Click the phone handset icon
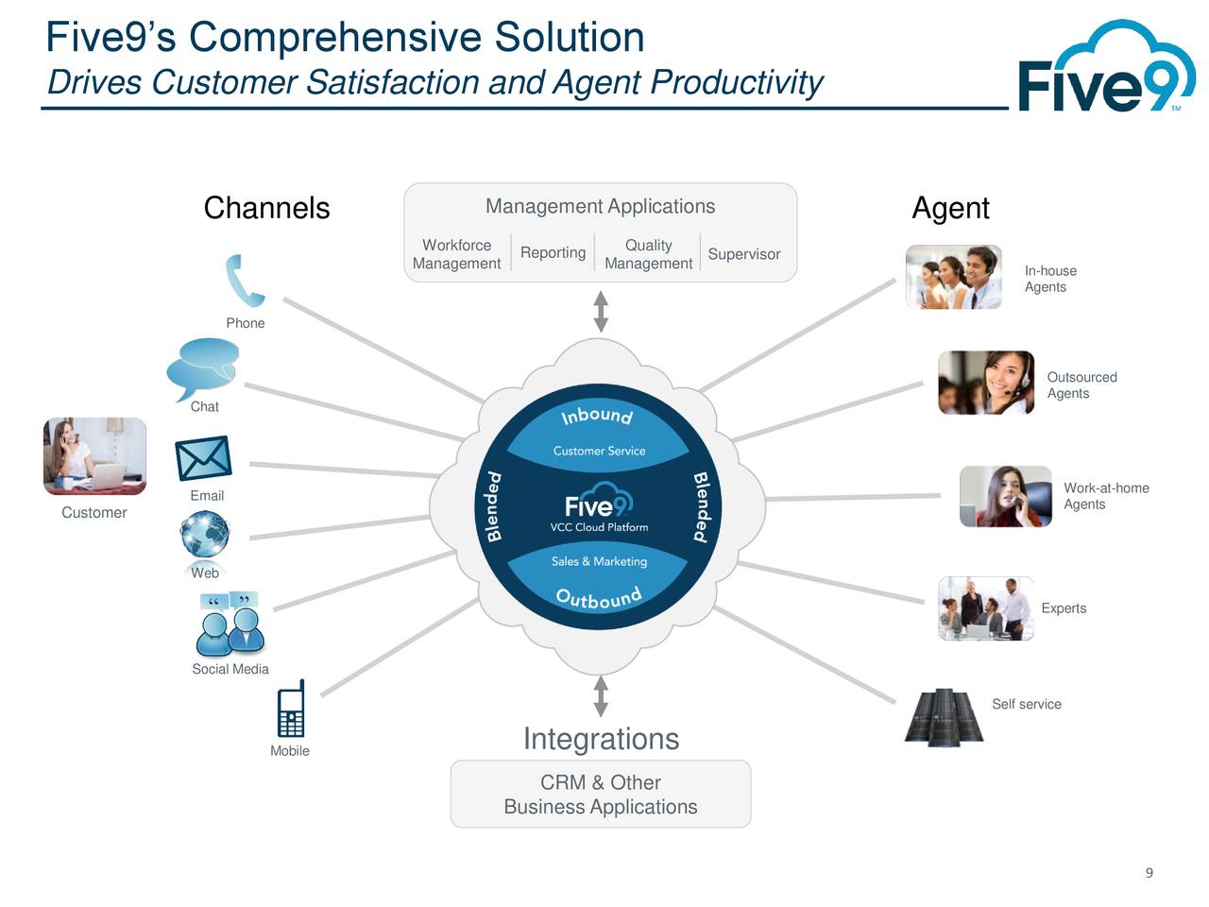point(245,281)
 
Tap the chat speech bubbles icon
point(202,368)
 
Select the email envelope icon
point(204,458)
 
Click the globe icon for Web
point(205,535)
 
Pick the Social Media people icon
point(230,625)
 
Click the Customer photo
point(94,456)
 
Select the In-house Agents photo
point(953,277)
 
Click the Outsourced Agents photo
point(985,383)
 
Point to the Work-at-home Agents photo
point(1005,496)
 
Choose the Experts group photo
point(985,608)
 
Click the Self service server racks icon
point(944,717)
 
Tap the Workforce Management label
point(456,254)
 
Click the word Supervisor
point(743,254)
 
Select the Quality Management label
point(648,254)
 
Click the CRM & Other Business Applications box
point(601,795)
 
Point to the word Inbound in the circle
point(597,416)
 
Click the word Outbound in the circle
point(599,598)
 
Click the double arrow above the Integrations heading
point(601,696)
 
